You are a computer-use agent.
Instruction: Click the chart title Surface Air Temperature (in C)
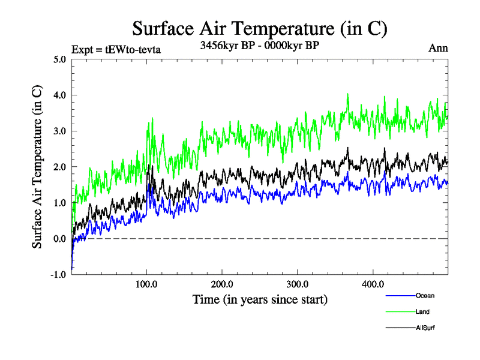260,28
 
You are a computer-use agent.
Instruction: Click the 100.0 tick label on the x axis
146,284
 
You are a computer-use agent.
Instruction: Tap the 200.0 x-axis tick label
222,284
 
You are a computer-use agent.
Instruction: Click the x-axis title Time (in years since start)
260,298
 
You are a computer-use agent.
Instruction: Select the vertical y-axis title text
37,167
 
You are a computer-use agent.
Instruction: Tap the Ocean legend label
425,296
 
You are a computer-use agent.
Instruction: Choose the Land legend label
422,311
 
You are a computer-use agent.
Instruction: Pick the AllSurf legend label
425,328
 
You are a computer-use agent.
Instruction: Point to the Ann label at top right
438,48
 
